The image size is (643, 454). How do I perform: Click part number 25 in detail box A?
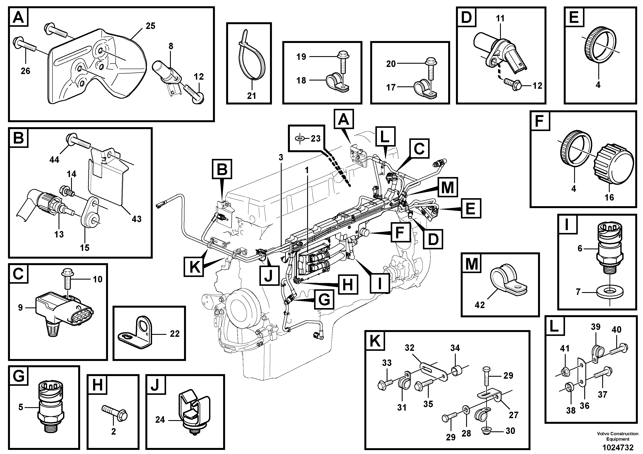click(150, 26)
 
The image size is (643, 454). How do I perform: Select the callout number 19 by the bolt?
click(301, 57)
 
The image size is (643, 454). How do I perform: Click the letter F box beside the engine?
click(400, 232)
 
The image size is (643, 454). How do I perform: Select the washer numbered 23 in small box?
click(300, 138)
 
